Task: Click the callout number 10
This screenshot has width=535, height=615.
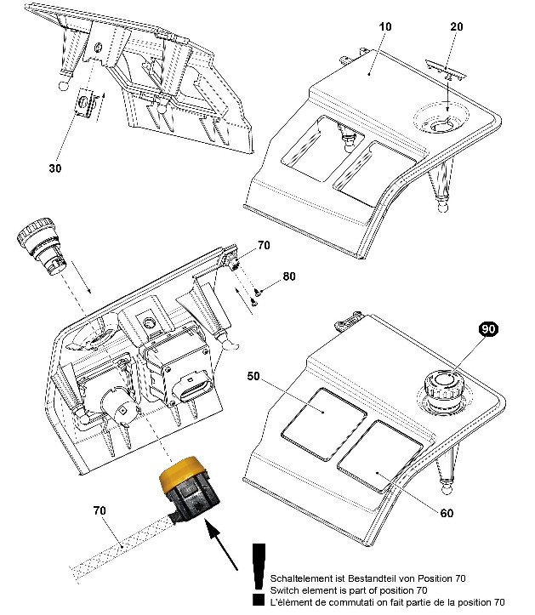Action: (385, 26)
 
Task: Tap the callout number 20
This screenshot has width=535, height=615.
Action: (456, 26)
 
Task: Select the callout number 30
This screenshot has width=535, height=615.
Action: (55, 168)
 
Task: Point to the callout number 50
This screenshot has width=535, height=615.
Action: (253, 376)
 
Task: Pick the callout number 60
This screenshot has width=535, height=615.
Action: (447, 513)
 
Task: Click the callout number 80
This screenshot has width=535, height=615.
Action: (289, 276)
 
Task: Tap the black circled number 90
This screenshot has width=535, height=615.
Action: (488, 328)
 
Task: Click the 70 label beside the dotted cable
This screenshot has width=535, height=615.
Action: (100, 510)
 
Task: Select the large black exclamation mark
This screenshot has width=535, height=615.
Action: (259, 574)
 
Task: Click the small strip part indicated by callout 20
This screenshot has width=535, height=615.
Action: (446, 69)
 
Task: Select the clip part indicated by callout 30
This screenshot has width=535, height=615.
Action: (86, 103)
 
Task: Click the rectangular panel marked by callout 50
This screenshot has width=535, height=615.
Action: (324, 424)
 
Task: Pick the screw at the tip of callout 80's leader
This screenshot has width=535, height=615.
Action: (257, 292)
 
